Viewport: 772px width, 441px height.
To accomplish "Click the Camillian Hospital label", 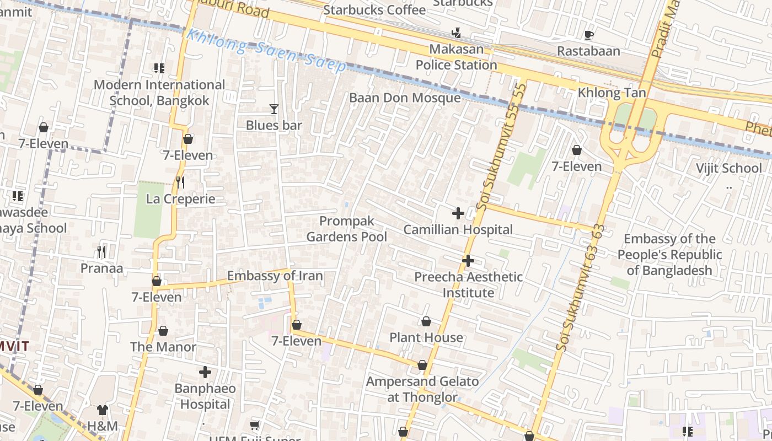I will pos(458,229).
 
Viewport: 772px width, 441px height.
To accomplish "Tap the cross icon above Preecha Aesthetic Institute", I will pos(468,260).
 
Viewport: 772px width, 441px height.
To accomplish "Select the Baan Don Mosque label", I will pos(405,98).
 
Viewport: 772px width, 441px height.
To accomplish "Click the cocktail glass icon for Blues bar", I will pos(274,109).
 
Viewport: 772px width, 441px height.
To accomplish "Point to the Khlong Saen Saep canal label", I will pos(266,50).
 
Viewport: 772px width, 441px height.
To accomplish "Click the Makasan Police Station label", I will pos(456,57).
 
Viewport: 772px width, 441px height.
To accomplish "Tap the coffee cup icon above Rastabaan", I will pos(588,35).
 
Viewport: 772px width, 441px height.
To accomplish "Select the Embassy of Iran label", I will pos(275,276).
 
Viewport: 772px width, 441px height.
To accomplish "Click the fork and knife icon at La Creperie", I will pos(180,182).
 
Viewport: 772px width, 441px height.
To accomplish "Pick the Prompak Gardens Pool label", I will pos(347,229).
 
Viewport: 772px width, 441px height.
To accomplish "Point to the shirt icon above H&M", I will pos(103,410).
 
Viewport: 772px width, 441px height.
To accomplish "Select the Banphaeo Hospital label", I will pos(205,396).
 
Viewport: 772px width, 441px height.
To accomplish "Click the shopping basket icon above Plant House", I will pos(426,321).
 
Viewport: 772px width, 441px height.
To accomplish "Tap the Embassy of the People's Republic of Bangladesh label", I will pos(669,255).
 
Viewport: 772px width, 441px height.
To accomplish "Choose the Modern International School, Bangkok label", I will pos(159,93).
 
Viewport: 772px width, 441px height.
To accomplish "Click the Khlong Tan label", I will pos(611,93).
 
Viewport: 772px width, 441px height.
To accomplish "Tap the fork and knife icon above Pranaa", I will pos(101,252).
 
